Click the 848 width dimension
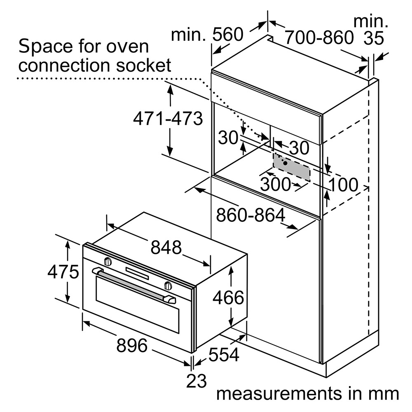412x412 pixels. [x=166, y=248]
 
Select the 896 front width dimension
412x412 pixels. [x=131, y=345]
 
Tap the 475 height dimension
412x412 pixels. [x=63, y=272]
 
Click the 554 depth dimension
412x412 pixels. [x=224, y=354]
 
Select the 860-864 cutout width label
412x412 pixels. [x=251, y=215]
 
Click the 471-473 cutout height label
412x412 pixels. [x=168, y=119]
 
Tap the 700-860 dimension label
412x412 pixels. [x=319, y=37]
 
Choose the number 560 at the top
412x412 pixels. [x=228, y=35]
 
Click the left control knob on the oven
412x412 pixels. [x=108, y=261]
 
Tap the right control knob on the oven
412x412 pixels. [x=168, y=285]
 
